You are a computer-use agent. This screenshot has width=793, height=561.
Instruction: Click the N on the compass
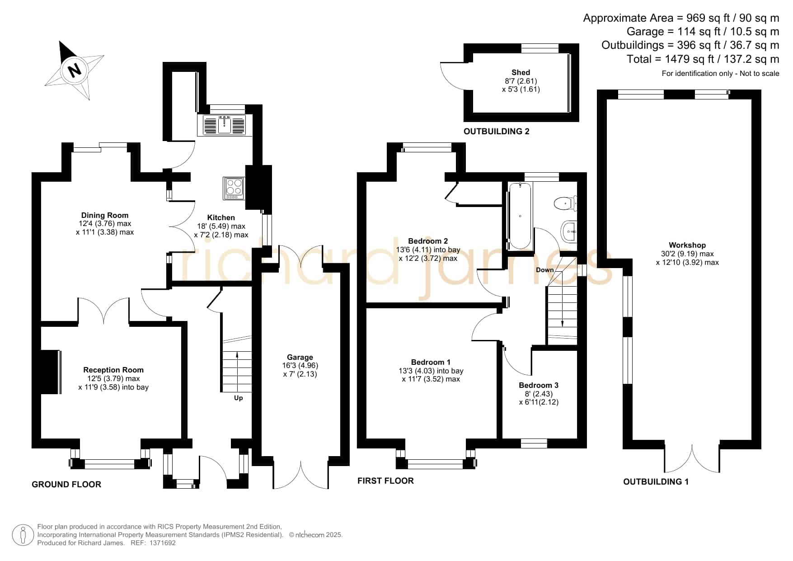[74, 70]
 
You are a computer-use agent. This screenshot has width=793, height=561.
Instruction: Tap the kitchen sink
[221, 124]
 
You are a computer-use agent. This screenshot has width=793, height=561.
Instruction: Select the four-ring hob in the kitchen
[234, 188]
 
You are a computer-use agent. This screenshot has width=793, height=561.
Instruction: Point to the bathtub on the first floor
[520, 216]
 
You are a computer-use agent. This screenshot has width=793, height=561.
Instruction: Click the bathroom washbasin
[569, 232]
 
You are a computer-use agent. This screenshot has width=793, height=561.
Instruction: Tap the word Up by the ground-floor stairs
[238, 398]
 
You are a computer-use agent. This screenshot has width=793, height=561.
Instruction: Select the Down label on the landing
[545, 270]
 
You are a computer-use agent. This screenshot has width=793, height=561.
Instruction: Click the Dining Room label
[105, 215]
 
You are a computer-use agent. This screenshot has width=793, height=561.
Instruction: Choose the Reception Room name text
[113, 370]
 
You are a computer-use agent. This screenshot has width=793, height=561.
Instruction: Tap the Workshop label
[687, 245]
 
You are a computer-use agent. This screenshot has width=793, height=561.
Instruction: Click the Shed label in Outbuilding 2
[521, 72]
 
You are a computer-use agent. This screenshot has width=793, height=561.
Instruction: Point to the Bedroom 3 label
[539, 385]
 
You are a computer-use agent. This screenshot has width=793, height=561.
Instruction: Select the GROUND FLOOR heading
[66, 484]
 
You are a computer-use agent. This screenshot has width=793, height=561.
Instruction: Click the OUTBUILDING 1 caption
[656, 481]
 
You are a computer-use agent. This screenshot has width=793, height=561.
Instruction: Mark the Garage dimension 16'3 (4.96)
[300, 365]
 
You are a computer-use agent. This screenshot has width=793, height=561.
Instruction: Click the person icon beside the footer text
[23, 535]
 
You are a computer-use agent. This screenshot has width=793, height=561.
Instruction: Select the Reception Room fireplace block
[51, 372]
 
